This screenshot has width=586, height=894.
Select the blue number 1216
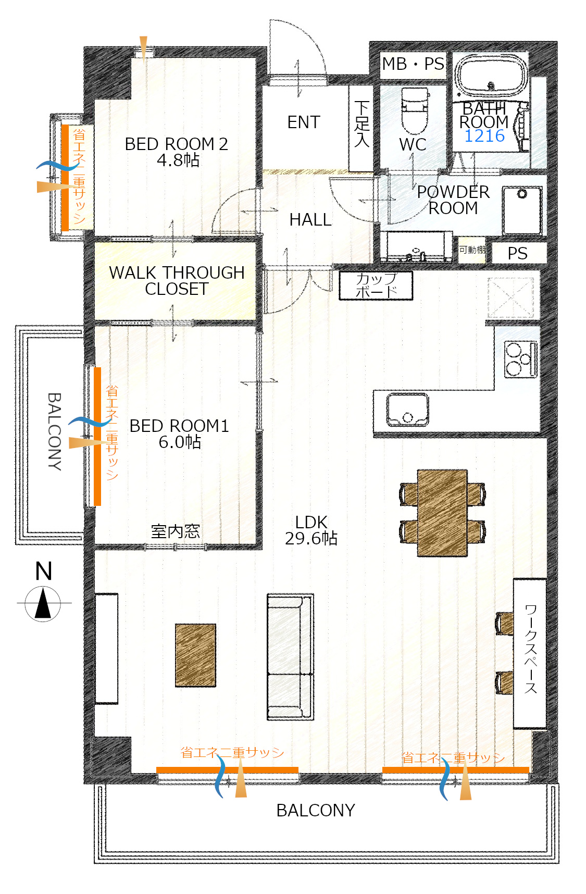point(484,136)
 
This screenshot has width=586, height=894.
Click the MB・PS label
point(413,64)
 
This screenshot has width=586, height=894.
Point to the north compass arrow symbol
point(43,603)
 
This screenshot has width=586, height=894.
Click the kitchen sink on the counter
point(407,409)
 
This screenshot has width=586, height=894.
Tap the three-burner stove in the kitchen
point(520,359)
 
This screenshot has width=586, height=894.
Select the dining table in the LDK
point(442,513)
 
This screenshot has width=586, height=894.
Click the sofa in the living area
point(290,657)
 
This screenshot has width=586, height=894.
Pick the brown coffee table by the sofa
point(195,655)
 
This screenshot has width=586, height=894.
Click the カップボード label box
point(376,285)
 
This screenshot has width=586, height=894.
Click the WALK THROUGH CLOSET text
point(177,280)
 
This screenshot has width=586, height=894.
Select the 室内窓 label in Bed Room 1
point(175,531)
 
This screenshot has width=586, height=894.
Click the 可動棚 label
point(472,250)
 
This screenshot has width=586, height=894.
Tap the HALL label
point(310,220)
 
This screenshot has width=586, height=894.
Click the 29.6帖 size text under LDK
point(311,538)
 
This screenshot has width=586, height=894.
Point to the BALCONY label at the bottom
point(316,811)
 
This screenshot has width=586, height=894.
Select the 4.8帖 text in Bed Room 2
point(178,160)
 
